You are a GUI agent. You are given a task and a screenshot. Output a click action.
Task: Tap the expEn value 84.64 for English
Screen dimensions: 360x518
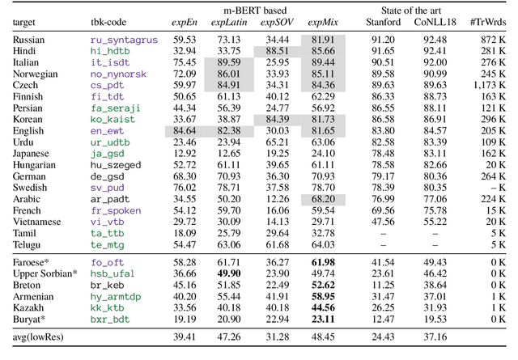[x=184, y=129]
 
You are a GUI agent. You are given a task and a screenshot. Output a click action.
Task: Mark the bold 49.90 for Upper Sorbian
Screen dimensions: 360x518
[x=229, y=273]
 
